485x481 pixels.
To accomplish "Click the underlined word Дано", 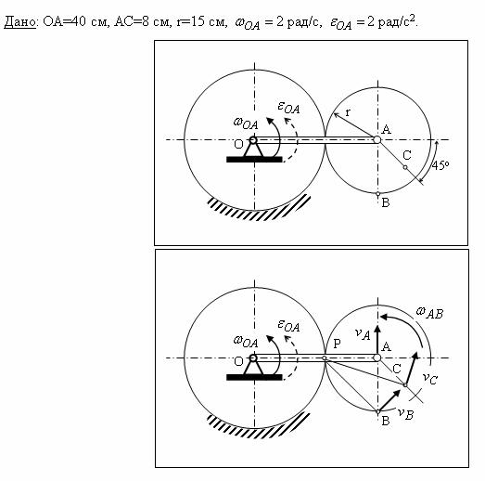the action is pyautogui.click(x=20, y=21).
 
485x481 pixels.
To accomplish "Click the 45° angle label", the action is pyautogui.click(x=440, y=165).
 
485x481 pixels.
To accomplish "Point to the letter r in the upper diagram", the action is pyautogui.click(x=348, y=112).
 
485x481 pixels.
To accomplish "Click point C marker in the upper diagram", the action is pyautogui.click(x=405, y=167).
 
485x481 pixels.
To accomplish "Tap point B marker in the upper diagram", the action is pyautogui.click(x=377, y=194).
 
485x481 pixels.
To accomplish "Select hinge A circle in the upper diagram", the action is pyautogui.click(x=377, y=139).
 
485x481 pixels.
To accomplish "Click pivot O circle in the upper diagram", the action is pyautogui.click(x=253, y=140).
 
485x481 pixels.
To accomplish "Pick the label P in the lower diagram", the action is pyautogui.click(x=337, y=344).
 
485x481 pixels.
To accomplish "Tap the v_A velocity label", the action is pyautogui.click(x=363, y=334).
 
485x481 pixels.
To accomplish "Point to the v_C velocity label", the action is pyautogui.click(x=430, y=378).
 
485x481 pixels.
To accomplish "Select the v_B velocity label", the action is pyautogui.click(x=405, y=413).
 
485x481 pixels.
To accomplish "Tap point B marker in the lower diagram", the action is pyautogui.click(x=377, y=412).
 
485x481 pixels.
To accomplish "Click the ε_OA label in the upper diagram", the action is pyautogui.click(x=288, y=108).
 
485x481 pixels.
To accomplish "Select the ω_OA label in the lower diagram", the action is pyautogui.click(x=246, y=342).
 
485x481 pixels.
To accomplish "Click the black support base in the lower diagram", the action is pyautogui.click(x=254, y=377).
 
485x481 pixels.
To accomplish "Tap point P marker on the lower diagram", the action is pyautogui.click(x=325, y=358).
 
